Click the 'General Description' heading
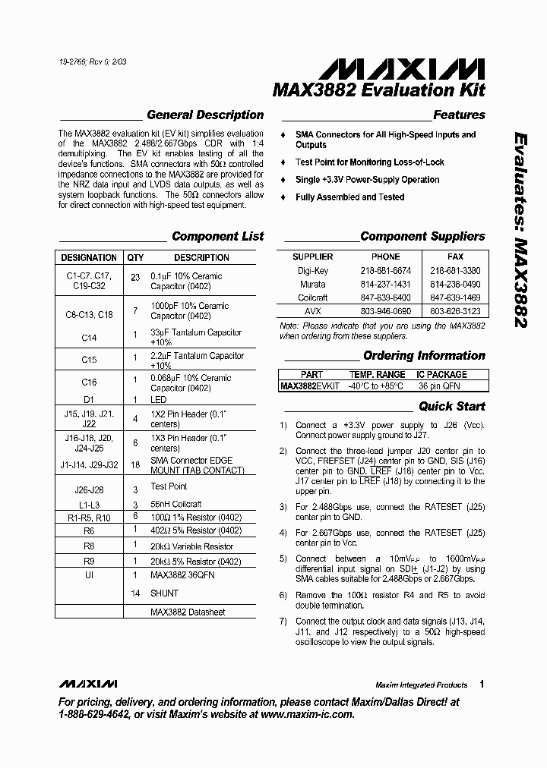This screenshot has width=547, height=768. pos(204,115)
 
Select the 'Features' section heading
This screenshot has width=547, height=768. pos(459,115)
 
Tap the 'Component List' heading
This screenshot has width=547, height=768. pos(217,236)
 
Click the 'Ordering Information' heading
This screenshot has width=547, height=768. pos(424,355)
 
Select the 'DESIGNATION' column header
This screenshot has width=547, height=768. pos(89,258)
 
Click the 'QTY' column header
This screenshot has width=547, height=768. pos(135,258)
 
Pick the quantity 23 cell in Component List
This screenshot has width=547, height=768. pos(135,277)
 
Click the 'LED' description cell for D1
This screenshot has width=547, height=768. pos(158,399)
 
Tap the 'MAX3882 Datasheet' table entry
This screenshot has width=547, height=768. pos(187,612)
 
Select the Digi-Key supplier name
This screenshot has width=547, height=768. pos(313,270)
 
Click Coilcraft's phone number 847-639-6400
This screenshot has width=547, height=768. pos(385,297)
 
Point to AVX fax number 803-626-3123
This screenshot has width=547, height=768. pos(455,311)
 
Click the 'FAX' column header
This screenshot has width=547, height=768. pos(455,257)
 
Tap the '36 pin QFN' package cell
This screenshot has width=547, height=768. pos(441,386)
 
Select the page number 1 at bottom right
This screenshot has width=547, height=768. pos(482,684)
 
